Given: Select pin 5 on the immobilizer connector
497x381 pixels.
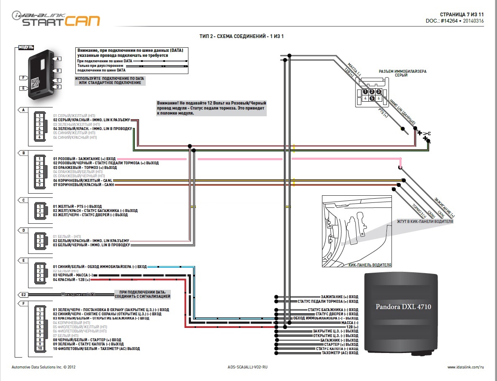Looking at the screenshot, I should (x=372, y=99).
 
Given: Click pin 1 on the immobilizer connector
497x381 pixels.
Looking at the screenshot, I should (x=366, y=92).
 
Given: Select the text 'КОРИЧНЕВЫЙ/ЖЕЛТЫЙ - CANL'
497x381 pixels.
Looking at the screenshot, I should (x=83, y=180).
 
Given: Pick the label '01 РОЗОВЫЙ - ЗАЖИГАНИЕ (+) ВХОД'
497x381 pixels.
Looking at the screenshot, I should (x=84, y=159).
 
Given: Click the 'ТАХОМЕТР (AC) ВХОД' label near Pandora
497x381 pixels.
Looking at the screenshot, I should (x=340, y=353).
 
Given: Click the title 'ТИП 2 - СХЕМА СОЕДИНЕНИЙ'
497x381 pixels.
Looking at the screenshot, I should (x=242, y=36).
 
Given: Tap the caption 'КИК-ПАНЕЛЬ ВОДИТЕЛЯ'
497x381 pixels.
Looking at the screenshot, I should (x=370, y=265).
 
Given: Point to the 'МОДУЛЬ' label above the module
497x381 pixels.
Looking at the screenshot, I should (x=26, y=47).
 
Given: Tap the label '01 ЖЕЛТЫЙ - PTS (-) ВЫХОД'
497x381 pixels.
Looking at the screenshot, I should (x=77, y=206).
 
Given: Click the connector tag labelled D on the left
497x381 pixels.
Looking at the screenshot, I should (x=23, y=230).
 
